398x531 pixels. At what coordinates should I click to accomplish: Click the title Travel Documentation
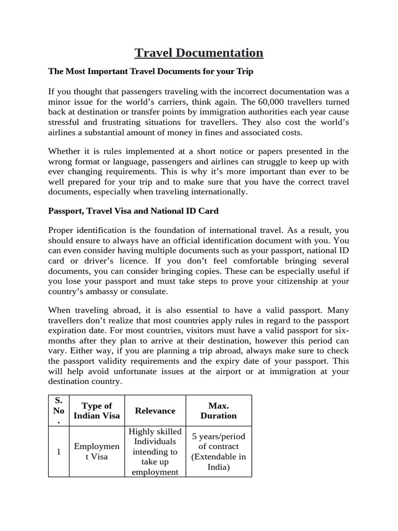click(x=199, y=53)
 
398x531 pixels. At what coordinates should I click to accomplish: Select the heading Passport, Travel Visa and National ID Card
click(x=133, y=211)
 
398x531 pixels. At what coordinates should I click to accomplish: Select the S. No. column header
click(x=59, y=410)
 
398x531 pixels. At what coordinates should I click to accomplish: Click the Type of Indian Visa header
click(x=96, y=410)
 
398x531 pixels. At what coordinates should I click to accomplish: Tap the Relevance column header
click(x=155, y=410)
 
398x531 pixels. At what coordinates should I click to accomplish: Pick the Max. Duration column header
click(x=218, y=410)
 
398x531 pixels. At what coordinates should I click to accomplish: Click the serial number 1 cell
click(x=59, y=452)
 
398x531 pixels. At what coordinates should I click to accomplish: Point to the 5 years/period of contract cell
click(x=218, y=452)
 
